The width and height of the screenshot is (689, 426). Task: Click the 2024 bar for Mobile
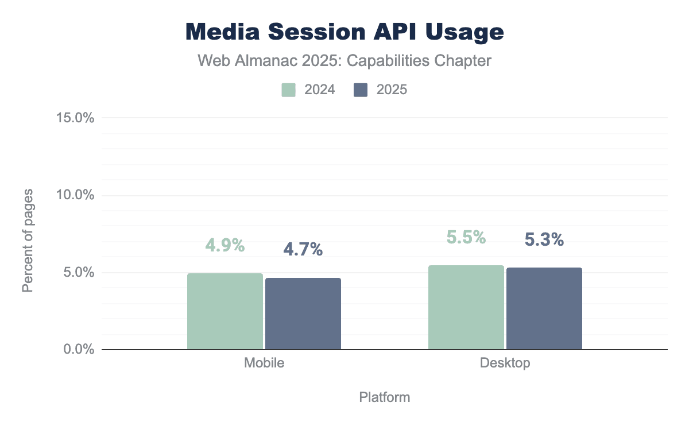point(224,311)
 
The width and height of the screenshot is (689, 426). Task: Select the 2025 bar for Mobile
point(303,313)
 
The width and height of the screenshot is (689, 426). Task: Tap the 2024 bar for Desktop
point(466,307)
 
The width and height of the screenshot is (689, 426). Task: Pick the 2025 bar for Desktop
point(544,308)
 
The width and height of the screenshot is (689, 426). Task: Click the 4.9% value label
point(225,245)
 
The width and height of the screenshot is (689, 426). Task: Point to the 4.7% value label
point(303,249)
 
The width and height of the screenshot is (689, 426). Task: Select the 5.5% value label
point(466,237)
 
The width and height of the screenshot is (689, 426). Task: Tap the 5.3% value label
point(544,240)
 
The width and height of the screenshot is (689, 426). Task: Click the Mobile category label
point(264,363)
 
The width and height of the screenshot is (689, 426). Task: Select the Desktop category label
point(505,363)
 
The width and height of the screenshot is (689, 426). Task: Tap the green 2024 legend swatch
point(288,90)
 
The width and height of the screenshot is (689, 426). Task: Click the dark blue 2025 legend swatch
point(361,90)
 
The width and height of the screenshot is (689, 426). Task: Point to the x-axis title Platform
point(384,397)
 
